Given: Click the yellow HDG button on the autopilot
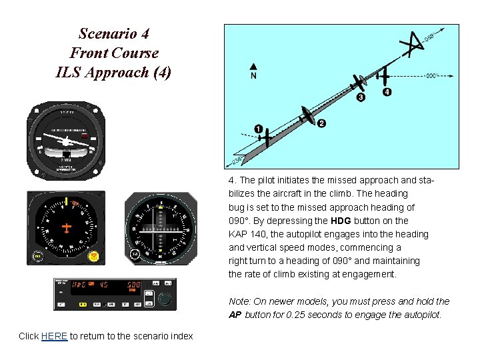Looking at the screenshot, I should click(83, 304).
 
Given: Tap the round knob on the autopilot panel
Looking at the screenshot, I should click(164, 300).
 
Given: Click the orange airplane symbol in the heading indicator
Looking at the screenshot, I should click(67, 228).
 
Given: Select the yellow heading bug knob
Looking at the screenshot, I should click(95, 255).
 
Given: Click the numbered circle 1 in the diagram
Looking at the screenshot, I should click(258, 128).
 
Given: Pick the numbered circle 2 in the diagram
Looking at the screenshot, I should click(321, 123).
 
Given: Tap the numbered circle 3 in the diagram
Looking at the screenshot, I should click(361, 97).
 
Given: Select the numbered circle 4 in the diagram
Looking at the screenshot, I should click(387, 92).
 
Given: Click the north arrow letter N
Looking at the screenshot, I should click(253, 76).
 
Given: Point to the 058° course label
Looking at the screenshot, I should click(433, 34).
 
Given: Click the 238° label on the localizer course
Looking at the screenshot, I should click(236, 159).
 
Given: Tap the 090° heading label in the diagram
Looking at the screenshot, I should click(433, 75).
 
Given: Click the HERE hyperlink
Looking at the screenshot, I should click(54, 336).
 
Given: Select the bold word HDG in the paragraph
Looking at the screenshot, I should click(341, 221).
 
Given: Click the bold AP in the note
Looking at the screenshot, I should click(235, 315).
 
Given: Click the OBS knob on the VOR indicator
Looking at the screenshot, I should click(135, 255).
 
